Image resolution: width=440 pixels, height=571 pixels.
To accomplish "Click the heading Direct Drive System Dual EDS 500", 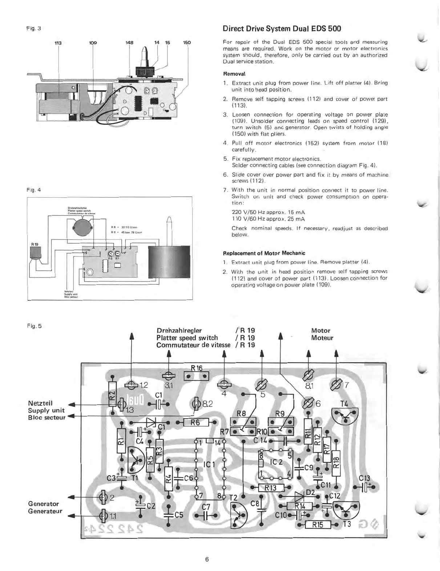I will (x=282, y=28).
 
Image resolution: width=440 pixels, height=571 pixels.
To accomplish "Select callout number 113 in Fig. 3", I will (x=58, y=43).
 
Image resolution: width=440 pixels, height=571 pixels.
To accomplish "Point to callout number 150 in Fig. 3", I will (x=187, y=43).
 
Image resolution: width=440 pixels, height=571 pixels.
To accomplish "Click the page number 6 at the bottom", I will (x=207, y=559).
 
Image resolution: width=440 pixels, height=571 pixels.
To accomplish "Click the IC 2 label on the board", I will (x=276, y=462).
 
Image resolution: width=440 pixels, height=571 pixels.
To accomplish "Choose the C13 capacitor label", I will (x=364, y=479).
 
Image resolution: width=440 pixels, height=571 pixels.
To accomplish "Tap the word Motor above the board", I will (x=320, y=331).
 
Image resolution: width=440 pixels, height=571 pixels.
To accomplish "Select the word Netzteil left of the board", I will (x=40, y=403).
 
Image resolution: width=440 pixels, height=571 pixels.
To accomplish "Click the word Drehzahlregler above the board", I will (x=179, y=331).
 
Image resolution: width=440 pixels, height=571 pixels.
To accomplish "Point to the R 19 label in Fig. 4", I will (x=35, y=244).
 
